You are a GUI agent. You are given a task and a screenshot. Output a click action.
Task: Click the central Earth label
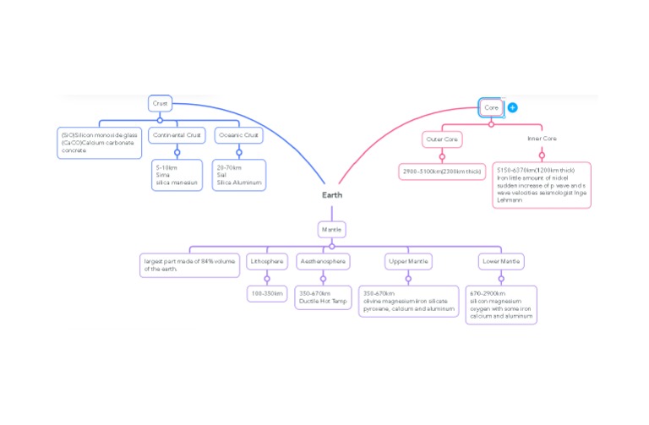(x=332, y=195)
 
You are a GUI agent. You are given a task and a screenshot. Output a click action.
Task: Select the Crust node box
(x=160, y=103)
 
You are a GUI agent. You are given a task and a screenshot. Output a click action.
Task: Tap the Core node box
(x=491, y=107)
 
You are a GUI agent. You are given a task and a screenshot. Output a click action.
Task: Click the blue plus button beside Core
(x=512, y=108)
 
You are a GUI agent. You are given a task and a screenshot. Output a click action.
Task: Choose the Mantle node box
(x=331, y=228)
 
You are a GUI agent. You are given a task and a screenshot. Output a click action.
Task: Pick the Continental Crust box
(x=177, y=135)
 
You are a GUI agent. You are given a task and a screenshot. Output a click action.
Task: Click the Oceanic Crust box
(x=238, y=135)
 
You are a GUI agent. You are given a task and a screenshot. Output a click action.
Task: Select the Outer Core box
(x=442, y=139)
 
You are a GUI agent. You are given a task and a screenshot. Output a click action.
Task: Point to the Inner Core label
(x=542, y=139)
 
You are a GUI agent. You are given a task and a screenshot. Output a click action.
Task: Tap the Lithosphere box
(x=266, y=261)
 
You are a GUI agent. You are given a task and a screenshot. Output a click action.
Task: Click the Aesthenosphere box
(x=323, y=261)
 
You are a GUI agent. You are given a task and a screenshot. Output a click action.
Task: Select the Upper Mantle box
(x=407, y=261)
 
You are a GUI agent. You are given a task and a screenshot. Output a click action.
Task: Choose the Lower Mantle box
(x=501, y=261)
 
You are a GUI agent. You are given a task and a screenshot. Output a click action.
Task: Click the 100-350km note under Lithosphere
(x=266, y=293)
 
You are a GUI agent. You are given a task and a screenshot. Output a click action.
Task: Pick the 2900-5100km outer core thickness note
(x=442, y=172)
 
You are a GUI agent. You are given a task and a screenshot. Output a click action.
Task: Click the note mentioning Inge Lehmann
(x=542, y=185)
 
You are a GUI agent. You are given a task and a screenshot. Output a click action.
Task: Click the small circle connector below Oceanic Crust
(x=239, y=153)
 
